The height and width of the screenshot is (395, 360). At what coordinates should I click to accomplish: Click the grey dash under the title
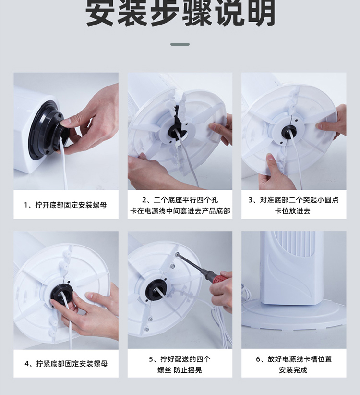pyautogui.click(x=180, y=44)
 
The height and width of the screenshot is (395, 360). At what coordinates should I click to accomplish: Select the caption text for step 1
pyautogui.click(x=65, y=205)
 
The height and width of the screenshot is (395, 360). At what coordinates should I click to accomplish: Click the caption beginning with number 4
pyautogui.click(x=66, y=363)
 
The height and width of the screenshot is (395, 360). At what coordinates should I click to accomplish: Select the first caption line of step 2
pyautogui.click(x=180, y=200)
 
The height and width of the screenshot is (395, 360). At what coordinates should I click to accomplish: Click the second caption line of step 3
pyautogui.click(x=293, y=211)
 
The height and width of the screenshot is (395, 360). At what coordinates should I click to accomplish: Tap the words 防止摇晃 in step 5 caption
pyautogui.click(x=188, y=370)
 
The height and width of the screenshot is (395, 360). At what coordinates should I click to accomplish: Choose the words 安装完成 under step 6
pyautogui.click(x=293, y=370)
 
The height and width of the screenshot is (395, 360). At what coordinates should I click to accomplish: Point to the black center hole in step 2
pyautogui.click(x=177, y=132)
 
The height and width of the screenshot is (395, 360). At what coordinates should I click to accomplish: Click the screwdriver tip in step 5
pyautogui.click(x=177, y=254)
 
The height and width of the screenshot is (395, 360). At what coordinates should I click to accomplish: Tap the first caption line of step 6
pyautogui.click(x=294, y=359)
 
